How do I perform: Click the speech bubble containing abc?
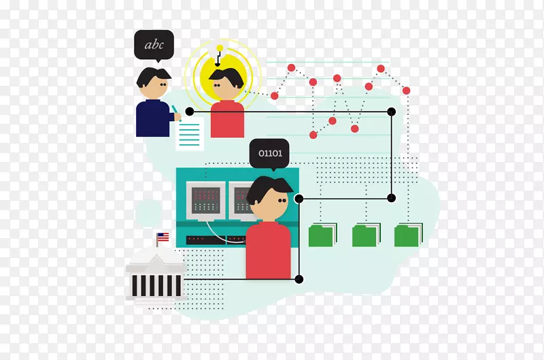tap(154, 45)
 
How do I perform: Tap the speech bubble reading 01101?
tap(269, 153)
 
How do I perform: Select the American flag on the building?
tap(163, 237)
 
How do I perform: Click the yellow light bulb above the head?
tap(220, 48)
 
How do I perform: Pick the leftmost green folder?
tap(322, 235)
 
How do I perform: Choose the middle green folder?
tap(366, 235)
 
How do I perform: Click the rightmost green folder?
tap(409, 235)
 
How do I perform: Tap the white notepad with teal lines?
tap(190, 133)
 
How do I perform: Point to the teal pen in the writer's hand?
tap(175, 111)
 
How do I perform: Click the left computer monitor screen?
tap(206, 200)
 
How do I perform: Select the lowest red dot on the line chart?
tap(313, 135)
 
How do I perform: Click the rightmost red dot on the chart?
tap(406, 91)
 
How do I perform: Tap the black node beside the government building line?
tap(299, 279)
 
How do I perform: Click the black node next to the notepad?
tap(190, 112)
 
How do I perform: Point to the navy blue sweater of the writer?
tap(154, 118)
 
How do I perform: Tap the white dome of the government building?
tap(156, 256)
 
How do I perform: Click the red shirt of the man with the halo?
tap(227, 118)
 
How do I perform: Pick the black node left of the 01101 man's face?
tap(299, 199)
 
